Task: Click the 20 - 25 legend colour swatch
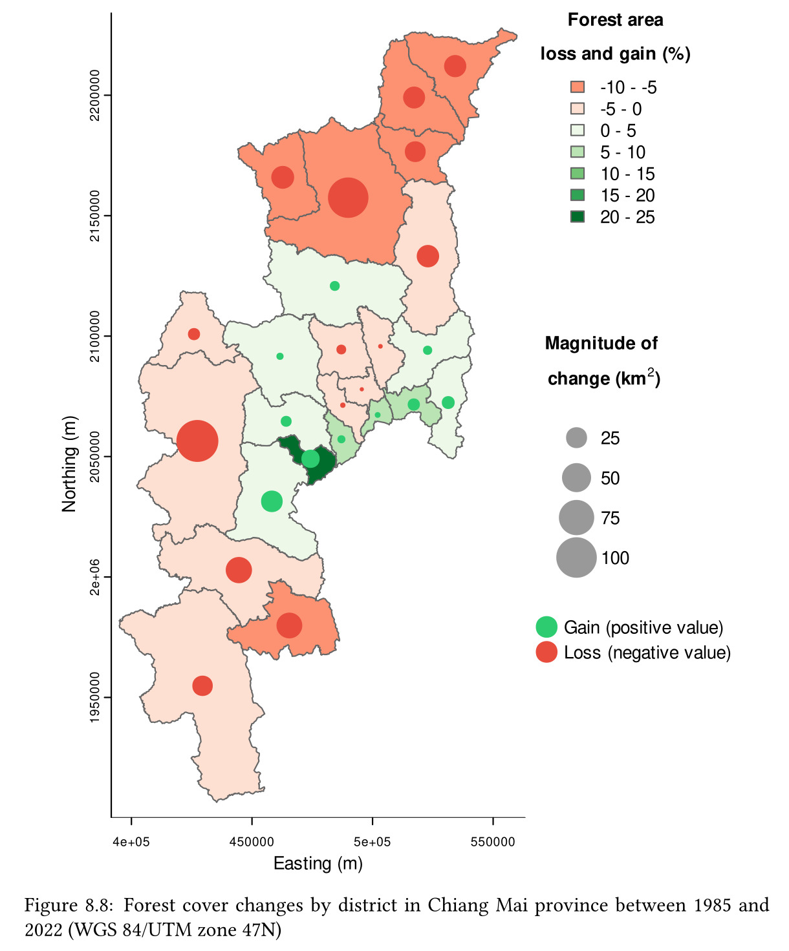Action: point(578,217)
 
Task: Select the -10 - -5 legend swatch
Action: point(578,87)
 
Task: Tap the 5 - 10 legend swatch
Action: point(578,152)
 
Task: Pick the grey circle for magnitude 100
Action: point(576,558)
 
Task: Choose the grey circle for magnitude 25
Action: point(576,438)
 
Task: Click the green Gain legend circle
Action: point(546,627)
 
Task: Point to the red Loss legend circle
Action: point(546,653)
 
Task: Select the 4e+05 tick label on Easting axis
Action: point(131,842)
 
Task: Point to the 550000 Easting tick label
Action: point(493,842)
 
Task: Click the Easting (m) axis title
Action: point(318,864)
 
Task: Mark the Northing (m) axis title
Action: point(69,463)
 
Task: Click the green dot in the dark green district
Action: point(310,459)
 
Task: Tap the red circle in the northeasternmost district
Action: point(455,66)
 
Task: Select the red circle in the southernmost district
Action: point(202,685)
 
